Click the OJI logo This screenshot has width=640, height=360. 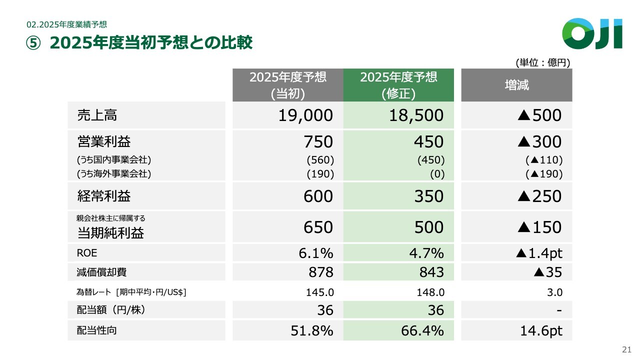592,33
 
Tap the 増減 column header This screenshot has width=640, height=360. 516,85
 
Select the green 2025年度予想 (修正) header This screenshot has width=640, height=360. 398,85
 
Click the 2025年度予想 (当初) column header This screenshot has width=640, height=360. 287,85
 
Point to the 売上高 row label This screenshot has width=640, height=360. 97,115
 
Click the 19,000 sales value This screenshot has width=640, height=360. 305,115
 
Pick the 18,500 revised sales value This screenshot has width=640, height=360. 416,115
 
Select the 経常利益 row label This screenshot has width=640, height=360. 104,196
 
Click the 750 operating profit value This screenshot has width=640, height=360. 318,142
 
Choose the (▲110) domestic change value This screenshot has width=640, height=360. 544,160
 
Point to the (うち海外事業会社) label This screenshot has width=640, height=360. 114,174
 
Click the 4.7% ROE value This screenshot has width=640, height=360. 426,253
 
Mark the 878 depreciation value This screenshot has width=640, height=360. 320,272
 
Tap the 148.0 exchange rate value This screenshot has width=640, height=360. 430,292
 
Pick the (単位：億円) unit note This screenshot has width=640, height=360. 543,62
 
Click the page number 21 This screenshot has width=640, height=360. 626,349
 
